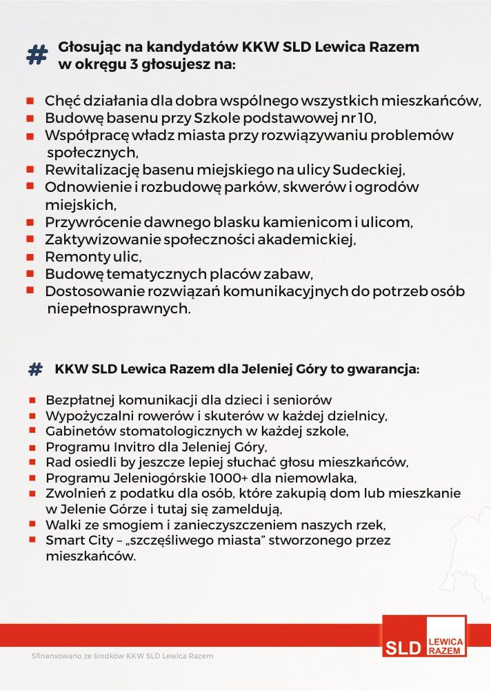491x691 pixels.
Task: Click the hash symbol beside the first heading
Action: (x=37, y=55)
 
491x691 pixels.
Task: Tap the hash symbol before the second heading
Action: (x=35, y=369)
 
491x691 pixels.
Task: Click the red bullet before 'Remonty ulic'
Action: (x=30, y=257)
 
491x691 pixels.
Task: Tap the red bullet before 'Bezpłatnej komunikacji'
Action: (x=32, y=400)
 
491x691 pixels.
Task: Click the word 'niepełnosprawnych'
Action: (x=117, y=309)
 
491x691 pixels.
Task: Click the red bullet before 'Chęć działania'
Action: (x=30, y=101)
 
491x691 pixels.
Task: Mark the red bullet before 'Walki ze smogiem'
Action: (x=32, y=524)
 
